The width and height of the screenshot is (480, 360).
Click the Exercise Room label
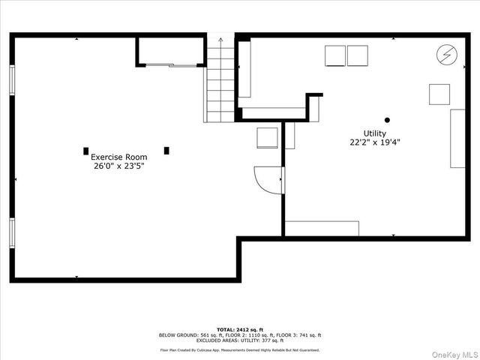(118, 157)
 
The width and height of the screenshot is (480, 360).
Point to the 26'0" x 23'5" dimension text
(118, 166)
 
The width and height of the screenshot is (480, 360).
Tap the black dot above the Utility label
(388, 120)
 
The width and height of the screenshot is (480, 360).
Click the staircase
(220, 82)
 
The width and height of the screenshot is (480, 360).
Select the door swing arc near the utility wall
(266, 180)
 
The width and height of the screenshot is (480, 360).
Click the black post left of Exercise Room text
(85, 150)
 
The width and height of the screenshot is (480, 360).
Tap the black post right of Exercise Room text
(166, 150)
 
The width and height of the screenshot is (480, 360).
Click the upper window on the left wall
(12, 79)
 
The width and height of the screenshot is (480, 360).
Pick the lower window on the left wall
(12, 232)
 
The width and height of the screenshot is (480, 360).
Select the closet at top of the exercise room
(170, 52)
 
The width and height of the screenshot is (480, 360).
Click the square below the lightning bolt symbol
(439, 94)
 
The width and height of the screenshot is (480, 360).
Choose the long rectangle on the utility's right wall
(457, 138)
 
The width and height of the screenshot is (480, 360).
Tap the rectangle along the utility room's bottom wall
(322, 228)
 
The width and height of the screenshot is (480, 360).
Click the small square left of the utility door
(267, 138)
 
